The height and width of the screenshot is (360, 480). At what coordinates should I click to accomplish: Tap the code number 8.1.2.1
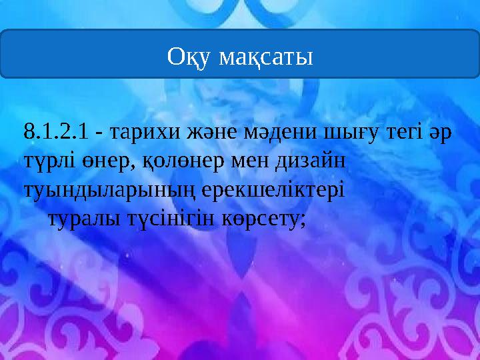[x=56, y=133]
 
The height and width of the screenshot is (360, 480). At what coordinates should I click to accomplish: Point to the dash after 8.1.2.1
[x=99, y=133]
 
